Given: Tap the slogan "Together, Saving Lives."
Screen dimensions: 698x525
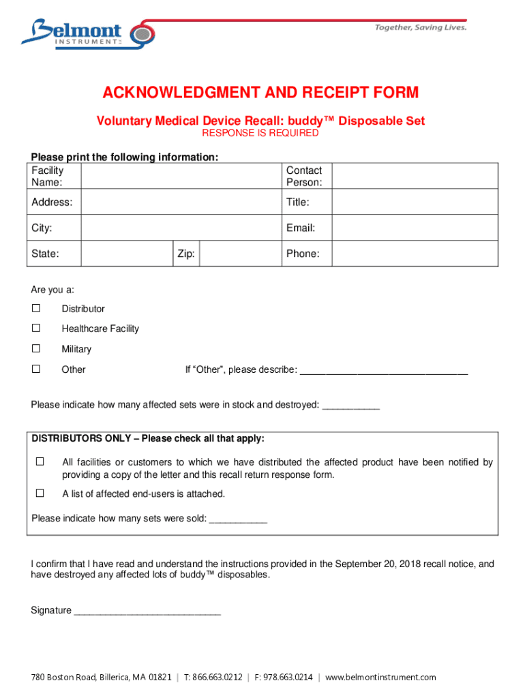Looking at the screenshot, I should coord(421,27).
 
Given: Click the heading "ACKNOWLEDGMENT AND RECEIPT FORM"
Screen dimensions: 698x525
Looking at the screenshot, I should coord(260,93).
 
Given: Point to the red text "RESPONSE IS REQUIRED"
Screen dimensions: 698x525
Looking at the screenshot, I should coord(260,133).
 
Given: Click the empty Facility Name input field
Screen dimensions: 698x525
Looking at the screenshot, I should coord(181,177).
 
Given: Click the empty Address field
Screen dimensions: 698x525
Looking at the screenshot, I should coord(181,202).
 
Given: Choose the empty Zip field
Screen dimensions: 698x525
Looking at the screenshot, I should coord(240,254).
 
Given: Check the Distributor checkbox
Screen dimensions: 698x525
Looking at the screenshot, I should coord(36,308).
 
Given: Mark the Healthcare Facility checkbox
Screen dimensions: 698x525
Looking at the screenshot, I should coord(36,328).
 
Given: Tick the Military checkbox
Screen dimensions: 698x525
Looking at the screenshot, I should coord(36,348).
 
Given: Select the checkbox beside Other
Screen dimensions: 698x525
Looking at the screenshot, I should coord(36,369).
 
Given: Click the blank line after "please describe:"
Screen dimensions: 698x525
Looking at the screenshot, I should coord(384,370).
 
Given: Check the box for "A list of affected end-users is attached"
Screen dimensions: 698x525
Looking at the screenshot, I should coord(40,493).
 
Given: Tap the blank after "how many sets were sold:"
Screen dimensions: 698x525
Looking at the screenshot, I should coord(238,519).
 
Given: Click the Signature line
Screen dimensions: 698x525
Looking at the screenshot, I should coord(147,611).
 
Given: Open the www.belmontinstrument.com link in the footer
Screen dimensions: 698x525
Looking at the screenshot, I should coord(380,677).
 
